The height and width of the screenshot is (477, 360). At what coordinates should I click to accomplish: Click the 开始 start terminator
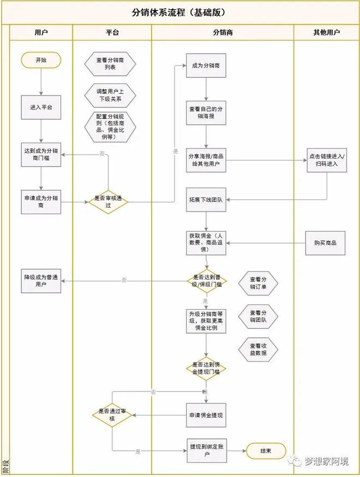[41, 60]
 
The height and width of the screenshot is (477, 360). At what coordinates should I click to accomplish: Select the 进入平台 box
[41, 107]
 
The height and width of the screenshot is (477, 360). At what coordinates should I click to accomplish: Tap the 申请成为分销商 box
[41, 202]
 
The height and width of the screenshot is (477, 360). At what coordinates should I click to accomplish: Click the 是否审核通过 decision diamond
[108, 202]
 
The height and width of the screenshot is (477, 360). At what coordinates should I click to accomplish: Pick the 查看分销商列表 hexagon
[110, 64]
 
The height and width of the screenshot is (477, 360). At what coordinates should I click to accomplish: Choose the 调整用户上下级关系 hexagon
[110, 95]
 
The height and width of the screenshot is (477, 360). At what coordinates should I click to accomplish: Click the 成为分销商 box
[206, 65]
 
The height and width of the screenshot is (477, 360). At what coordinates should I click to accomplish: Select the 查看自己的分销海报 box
[206, 113]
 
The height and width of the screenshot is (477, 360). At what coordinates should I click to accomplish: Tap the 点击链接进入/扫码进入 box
[327, 160]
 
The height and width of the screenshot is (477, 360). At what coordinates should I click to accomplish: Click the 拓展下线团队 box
[206, 200]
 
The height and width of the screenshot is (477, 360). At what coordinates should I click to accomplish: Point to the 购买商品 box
[325, 243]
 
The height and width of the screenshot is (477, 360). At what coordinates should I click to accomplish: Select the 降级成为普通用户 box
[41, 281]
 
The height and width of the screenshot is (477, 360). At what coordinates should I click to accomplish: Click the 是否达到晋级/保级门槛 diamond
[207, 281]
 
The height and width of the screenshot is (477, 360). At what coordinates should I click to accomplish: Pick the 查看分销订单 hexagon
[258, 283]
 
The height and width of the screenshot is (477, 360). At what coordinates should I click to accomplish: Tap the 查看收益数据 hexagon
[258, 349]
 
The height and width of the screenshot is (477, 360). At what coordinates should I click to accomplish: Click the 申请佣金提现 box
[206, 415]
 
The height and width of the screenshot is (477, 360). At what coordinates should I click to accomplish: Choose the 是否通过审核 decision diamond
[112, 415]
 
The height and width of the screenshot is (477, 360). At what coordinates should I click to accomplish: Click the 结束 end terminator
[266, 451]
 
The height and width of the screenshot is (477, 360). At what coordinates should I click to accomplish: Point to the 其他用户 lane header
[327, 32]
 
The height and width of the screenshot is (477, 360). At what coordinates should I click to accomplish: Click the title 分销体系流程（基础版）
[179, 13]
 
